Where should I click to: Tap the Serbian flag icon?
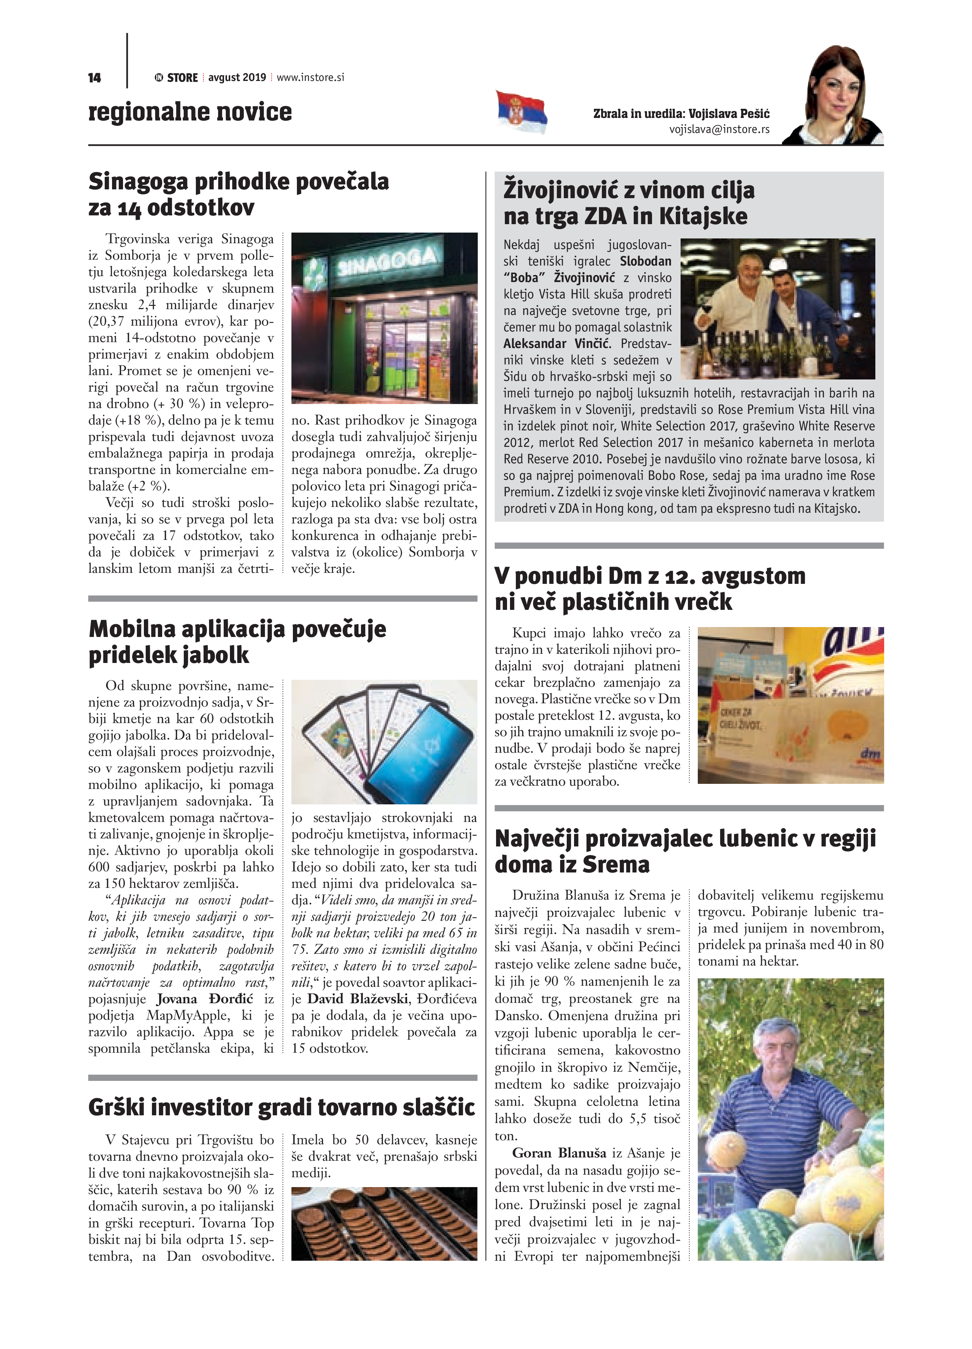(x=521, y=112)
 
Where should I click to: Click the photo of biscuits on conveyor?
(x=384, y=1223)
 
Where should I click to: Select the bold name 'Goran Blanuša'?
(x=559, y=1153)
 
